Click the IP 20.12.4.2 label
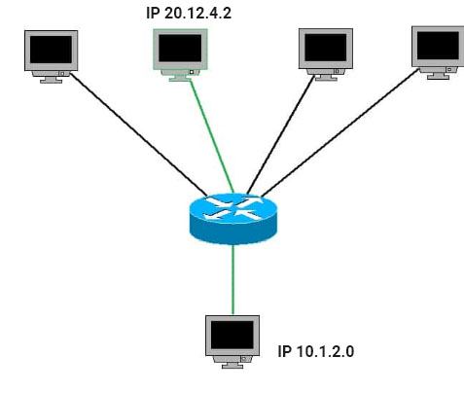point(189,14)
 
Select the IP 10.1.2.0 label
point(316,351)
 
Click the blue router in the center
point(233,219)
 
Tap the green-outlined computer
point(180,54)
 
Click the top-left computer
point(52,56)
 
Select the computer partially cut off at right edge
point(438,53)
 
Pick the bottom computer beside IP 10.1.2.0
point(232,341)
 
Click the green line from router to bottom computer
point(232,279)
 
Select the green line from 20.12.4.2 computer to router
point(212,136)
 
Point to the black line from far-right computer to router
point(339,133)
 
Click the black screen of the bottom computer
point(232,335)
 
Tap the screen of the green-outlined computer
point(180,49)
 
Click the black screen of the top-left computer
point(51,50)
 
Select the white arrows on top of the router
point(233,208)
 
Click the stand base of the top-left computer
point(51,82)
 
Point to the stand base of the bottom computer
point(232,367)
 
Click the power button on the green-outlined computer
point(192,72)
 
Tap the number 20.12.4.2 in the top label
point(198,14)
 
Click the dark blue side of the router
point(233,232)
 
